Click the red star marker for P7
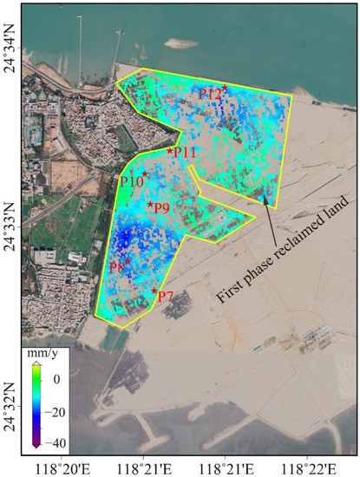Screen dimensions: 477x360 coord(154,291)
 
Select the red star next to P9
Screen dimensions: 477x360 coord(150,205)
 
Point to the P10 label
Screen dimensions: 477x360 coord(131,181)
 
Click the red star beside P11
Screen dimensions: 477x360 coord(170,151)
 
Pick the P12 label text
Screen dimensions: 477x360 coord(210,94)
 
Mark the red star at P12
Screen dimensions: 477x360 coord(226,88)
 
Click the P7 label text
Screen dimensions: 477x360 coord(165,297)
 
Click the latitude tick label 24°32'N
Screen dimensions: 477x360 coord(10,401)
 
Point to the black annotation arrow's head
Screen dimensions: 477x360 coord(261,199)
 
